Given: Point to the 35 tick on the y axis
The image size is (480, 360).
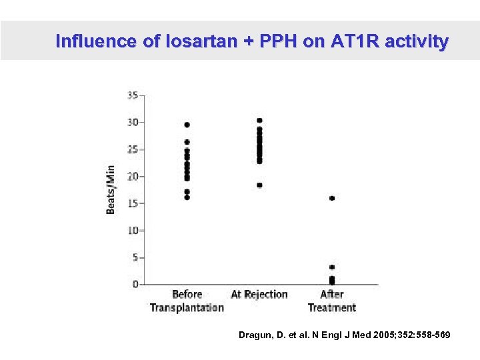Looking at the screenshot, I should tap(133, 95).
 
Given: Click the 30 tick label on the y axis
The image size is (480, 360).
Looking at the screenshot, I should tap(133, 122).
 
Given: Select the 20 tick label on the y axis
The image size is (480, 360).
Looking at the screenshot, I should tap(133, 176).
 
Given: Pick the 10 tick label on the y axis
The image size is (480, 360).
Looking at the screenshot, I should tap(133, 231).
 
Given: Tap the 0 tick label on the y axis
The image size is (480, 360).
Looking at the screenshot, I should tap(135, 285).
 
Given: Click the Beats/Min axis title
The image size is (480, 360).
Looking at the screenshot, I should tap(111, 190).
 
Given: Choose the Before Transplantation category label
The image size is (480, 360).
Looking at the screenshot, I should tap(187, 301).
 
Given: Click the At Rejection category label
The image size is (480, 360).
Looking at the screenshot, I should tap(259, 294).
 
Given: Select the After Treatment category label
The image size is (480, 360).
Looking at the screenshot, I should tap(332, 301).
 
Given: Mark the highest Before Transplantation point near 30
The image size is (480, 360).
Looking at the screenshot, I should tap(187, 125).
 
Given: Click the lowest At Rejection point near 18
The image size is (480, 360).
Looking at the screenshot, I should tap(259, 185).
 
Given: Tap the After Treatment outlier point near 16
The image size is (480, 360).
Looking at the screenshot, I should tap(332, 198).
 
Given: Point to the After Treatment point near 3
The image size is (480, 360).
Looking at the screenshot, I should tap(332, 267).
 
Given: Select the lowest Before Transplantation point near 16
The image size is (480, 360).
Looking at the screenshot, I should tap(187, 197).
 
